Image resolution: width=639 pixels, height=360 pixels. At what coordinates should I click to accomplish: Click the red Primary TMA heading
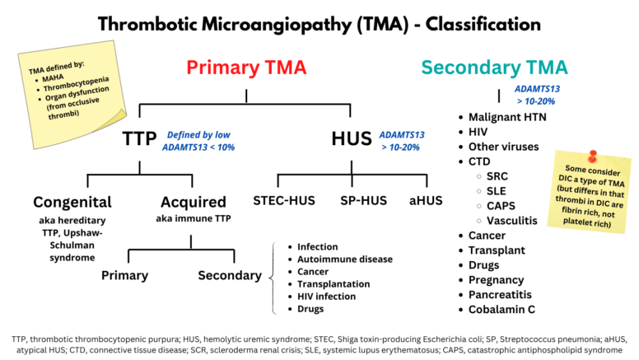pyautogui.click(x=247, y=68)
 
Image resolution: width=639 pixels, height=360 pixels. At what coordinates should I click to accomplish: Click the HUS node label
pyautogui.click(x=352, y=138)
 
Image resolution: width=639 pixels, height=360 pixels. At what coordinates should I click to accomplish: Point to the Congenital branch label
pyautogui.click(x=72, y=202)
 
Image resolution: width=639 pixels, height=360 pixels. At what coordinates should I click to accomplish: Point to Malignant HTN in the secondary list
pyautogui.click(x=507, y=117)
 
